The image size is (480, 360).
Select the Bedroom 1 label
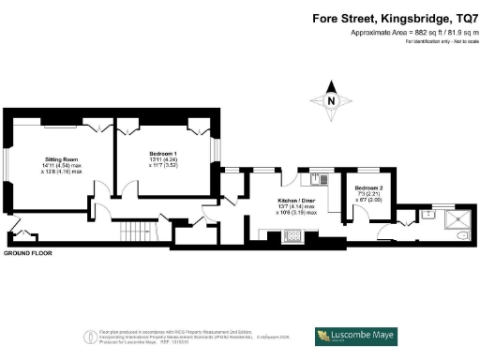point(163,153)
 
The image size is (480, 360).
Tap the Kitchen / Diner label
point(295,201)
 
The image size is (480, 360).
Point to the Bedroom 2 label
point(368,187)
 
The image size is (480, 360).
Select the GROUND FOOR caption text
point(27,254)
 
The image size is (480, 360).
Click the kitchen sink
point(319,178)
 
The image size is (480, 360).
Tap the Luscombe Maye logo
point(355,335)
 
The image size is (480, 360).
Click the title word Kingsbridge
point(395,19)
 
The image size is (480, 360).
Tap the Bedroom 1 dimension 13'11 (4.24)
point(163,160)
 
